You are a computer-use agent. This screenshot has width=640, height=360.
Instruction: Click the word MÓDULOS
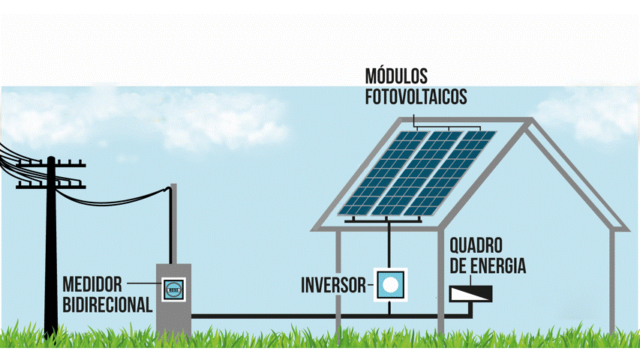[396, 76]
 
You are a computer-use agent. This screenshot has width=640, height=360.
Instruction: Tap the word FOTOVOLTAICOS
[416, 97]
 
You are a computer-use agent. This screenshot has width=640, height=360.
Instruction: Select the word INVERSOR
[332, 285]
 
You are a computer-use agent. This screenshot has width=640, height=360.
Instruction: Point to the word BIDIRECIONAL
[108, 304]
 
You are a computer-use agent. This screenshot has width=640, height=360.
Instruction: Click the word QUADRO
[476, 247]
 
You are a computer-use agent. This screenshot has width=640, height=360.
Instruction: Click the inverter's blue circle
[389, 284]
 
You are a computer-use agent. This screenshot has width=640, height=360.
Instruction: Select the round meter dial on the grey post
[174, 288]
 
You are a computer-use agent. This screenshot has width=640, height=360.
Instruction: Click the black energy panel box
[471, 292]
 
